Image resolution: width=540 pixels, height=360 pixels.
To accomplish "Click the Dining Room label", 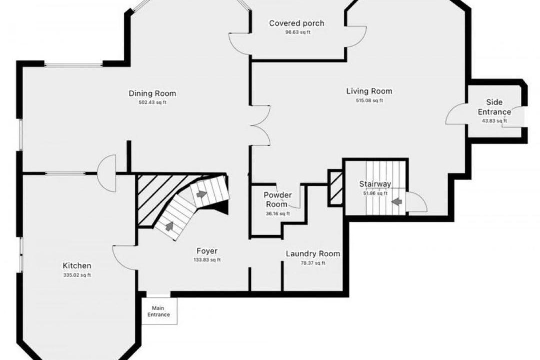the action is click(x=152, y=93).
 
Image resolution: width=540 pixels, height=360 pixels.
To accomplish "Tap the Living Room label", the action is click(x=369, y=91).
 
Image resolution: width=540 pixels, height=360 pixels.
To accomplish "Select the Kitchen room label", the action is click(x=77, y=266).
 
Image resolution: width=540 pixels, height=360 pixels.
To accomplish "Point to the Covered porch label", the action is click(x=297, y=23).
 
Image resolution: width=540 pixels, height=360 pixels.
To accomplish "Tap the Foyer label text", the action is click(x=207, y=251).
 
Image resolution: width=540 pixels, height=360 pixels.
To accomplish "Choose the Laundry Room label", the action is click(x=313, y=254).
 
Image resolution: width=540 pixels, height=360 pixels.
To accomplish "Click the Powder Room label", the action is click(x=278, y=200).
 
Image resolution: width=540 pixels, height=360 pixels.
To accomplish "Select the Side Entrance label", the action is click(x=494, y=107).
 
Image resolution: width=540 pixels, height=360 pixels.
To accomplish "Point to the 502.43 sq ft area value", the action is click(x=152, y=102).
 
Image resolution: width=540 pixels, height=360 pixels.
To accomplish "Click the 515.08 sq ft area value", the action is click(x=369, y=101).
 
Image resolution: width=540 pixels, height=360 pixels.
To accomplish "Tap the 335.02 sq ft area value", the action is click(x=77, y=275).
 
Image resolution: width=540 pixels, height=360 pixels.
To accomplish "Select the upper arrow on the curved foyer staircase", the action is click(x=202, y=194).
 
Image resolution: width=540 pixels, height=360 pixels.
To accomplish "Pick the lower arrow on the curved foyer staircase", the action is click(x=169, y=226).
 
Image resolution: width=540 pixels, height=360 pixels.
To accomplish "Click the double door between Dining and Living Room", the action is click(x=261, y=125).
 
